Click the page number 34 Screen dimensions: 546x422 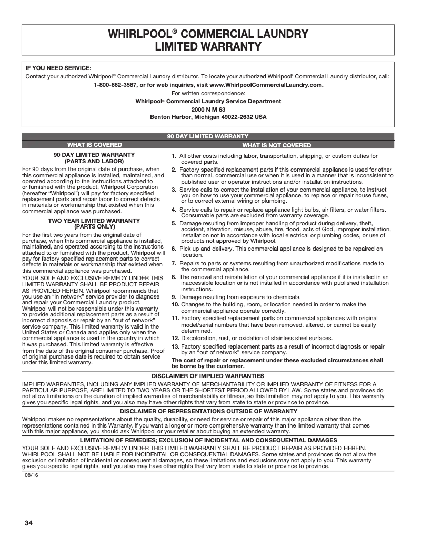28,523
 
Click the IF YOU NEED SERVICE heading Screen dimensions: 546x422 58,68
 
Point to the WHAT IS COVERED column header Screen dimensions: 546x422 95,145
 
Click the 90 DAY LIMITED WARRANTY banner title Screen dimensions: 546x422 208,137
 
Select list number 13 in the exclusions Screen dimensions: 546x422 176,346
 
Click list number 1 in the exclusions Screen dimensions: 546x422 174,156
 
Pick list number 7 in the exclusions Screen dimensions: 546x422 174,263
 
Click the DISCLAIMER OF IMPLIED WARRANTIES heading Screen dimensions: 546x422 208,376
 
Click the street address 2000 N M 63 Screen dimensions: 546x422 208,109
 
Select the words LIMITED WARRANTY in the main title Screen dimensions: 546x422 208,46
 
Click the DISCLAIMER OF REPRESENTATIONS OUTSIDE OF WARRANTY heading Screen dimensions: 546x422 208,411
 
